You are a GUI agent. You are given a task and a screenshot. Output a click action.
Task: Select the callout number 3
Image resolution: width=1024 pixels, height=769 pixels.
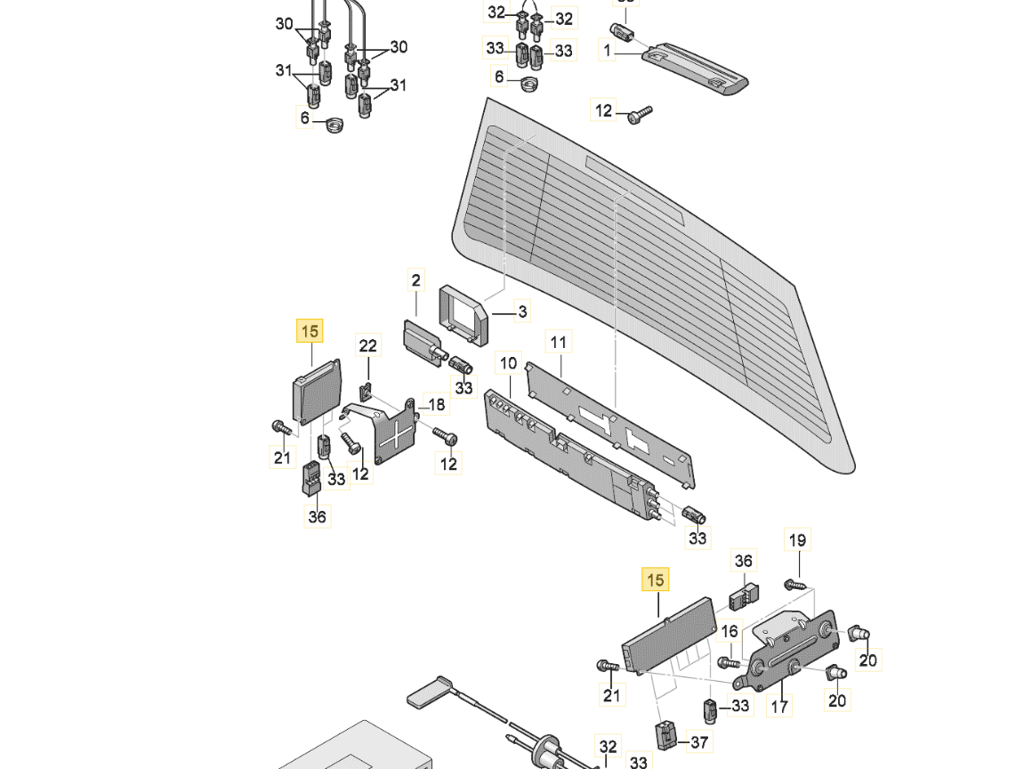pyautogui.click(x=522, y=312)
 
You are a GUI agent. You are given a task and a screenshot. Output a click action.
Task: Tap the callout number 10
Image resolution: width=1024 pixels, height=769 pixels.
pyautogui.click(x=508, y=363)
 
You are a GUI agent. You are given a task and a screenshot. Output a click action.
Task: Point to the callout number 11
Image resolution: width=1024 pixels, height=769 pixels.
pyautogui.click(x=558, y=342)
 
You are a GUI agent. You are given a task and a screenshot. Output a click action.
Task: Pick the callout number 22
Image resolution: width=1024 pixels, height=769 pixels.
pyautogui.click(x=367, y=345)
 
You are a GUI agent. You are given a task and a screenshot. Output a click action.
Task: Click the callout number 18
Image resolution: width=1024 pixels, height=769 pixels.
pyautogui.click(x=436, y=405)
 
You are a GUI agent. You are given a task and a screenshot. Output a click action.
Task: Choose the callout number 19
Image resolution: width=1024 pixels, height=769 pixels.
pyautogui.click(x=797, y=539)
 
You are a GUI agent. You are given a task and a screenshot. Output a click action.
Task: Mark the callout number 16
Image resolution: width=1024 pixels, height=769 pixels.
pyautogui.click(x=730, y=631)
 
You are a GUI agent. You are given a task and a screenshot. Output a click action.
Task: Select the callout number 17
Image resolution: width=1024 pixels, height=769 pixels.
pyautogui.click(x=779, y=708)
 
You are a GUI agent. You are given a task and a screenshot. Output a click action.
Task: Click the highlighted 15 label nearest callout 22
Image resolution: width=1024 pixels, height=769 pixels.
pyautogui.click(x=310, y=332)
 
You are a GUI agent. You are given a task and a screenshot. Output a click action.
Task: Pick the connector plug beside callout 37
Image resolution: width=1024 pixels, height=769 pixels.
pyautogui.click(x=665, y=734)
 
